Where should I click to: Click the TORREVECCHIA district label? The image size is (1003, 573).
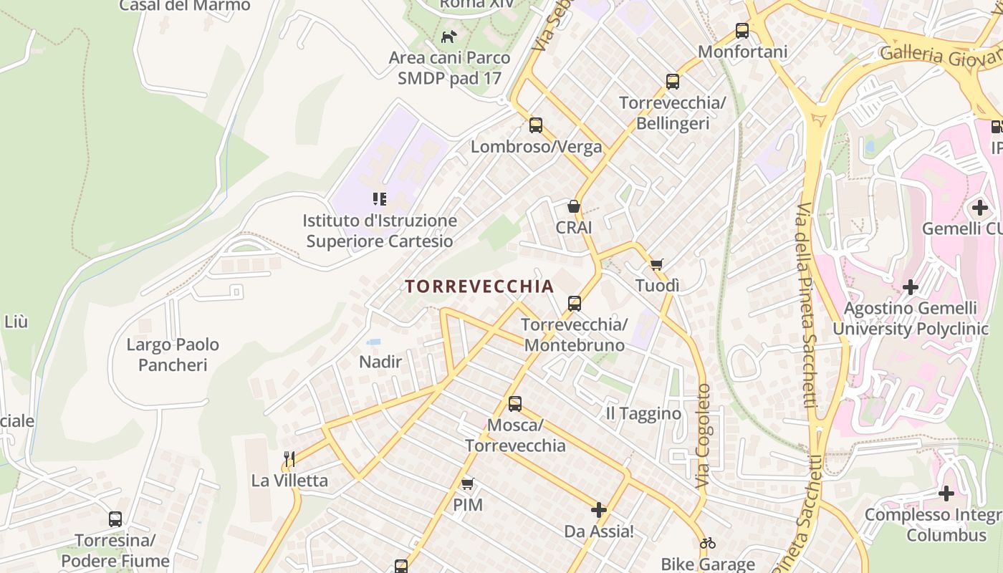479,286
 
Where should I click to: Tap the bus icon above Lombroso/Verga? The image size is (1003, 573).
536,125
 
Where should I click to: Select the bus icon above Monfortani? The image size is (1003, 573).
742,31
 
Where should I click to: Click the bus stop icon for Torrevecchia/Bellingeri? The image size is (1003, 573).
672,82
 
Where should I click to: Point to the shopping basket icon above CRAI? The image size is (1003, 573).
574,207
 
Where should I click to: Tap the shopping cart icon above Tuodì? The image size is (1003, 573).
657,264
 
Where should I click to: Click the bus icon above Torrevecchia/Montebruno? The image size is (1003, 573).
575,304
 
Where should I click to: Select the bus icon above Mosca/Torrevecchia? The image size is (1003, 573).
515,404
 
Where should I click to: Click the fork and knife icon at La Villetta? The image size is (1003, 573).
289,459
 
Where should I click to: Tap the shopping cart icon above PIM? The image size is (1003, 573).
468,484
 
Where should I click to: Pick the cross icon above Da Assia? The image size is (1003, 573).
599,511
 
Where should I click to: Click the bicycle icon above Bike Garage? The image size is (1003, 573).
708,543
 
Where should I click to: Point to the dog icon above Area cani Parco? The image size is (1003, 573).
449,37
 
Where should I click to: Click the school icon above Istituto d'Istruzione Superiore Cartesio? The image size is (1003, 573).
380,199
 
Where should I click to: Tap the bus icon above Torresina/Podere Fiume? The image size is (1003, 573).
115,519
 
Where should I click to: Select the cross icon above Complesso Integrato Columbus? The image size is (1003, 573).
946,493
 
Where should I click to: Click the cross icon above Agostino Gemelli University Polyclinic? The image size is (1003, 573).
911,288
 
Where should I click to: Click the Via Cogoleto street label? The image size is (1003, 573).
704,437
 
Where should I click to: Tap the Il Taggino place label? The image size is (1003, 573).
643,413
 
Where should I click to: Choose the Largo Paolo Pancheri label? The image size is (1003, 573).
173,355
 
